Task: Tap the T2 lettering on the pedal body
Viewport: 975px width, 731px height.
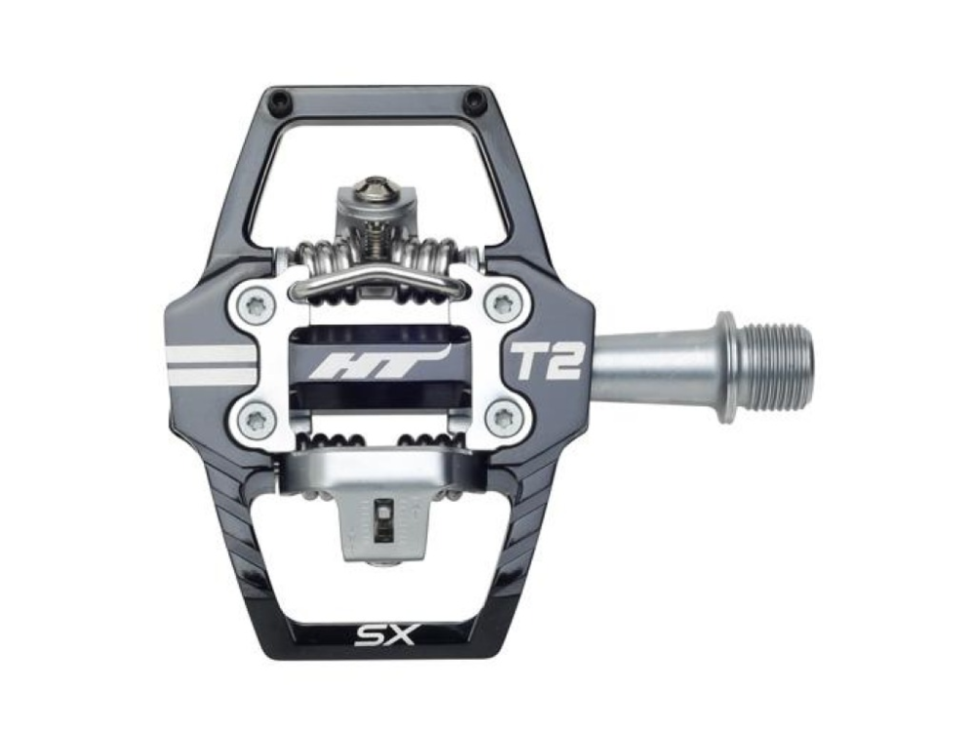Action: click(x=545, y=362)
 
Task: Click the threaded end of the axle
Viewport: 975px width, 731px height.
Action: click(x=774, y=366)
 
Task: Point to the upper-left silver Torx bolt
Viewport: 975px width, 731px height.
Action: click(x=255, y=303)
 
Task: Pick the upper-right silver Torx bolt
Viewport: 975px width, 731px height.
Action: click(x=503, y=303)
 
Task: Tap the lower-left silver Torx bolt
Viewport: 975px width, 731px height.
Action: click(x=255, y=420)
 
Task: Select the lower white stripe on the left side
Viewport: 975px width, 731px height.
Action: click(x=210, y=374)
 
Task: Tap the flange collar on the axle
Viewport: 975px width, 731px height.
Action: click(x=726, y=366)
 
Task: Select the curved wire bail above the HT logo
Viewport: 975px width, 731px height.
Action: click(x=380, y=279)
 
